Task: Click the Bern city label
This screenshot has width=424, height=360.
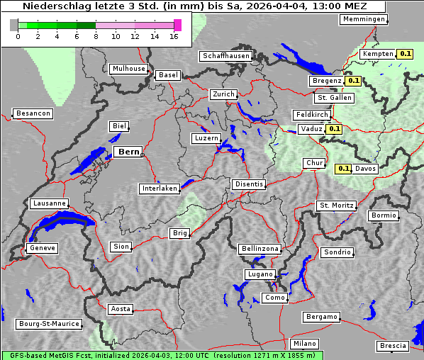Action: coord(128,152)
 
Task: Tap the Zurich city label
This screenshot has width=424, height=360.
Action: coord(223,94)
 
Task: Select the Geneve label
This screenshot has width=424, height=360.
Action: coord(42,248)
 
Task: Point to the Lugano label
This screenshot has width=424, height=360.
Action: coord(260,274)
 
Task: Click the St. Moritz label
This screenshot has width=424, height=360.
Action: coord(336,206)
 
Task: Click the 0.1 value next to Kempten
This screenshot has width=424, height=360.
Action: coord(406,54)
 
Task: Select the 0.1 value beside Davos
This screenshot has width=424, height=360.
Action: coord(343,169)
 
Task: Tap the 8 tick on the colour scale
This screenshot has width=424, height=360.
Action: coord(96,36)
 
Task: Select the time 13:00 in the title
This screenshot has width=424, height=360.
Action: coord(324,6)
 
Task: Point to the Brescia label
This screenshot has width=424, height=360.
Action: coord(393,346)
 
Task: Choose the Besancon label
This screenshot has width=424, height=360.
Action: coord(33,113)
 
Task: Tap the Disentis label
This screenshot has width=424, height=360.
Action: coord(250,184)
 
